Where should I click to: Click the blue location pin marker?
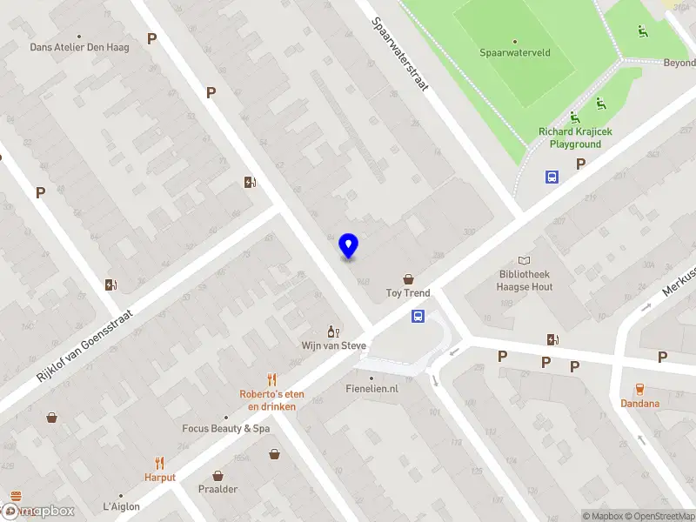click(x=348, y=246)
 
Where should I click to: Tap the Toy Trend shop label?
click(x=408, y=293)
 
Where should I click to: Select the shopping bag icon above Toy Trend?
click(x=408, y=278)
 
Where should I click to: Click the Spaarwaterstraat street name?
click(x=401, y=58)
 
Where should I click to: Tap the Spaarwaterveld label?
click(x=515, y=53)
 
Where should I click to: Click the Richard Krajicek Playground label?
click(x=570, y=137)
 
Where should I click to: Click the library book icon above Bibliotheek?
click(x=523, y=260)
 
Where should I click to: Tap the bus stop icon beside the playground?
click(x=552, y=177)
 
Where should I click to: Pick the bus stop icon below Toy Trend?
click(x=418, y=317)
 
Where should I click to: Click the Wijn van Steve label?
click(x=334, y=345)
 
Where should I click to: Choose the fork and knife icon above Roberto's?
click(x=272, y=379)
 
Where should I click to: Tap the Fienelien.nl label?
click(x=371, y=389)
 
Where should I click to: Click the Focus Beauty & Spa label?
click(x=226, y=428)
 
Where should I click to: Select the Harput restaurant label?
click(x=160, y=478)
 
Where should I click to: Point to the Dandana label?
click(x=639, y=404)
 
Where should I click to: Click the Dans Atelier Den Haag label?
click(x=79, y=47)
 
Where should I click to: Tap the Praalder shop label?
click(x=218, y=489)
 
